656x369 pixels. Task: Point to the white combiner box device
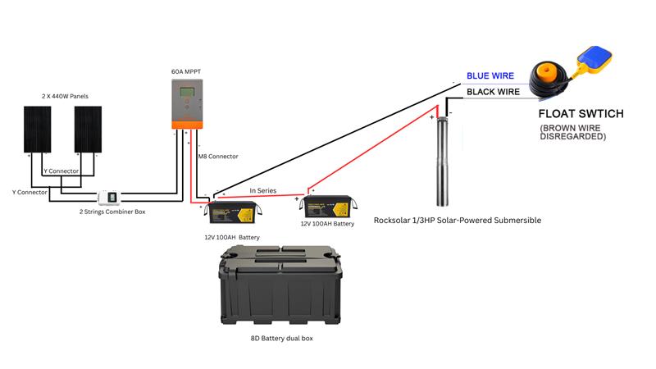(x=109, y=198)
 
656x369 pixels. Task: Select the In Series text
(x=263, y=190)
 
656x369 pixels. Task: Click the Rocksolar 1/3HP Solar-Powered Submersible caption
(x=457, y=221)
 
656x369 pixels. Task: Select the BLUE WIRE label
(x=490, y=75)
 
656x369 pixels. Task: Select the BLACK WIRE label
(x=493, y=92)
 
